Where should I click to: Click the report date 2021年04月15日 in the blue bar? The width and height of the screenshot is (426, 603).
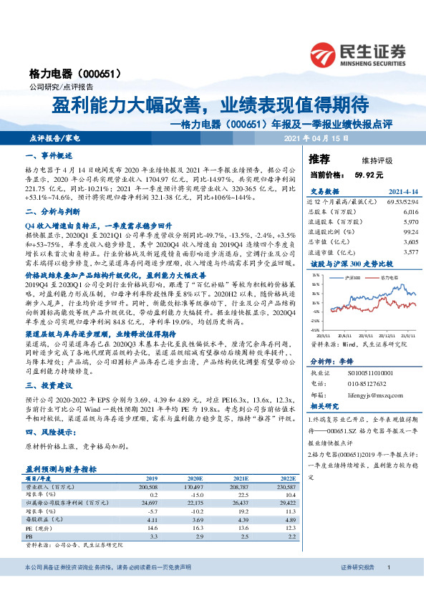click(316, 138)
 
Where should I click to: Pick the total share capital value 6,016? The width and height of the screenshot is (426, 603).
click(410, 212)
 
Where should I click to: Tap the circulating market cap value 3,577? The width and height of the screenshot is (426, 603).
click(410, 252)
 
